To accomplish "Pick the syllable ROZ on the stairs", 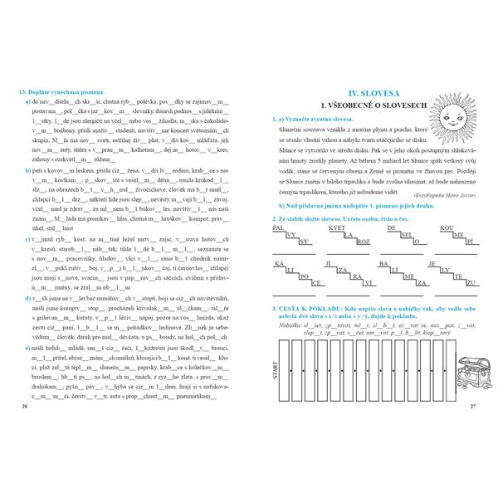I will [x=364, y=242].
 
